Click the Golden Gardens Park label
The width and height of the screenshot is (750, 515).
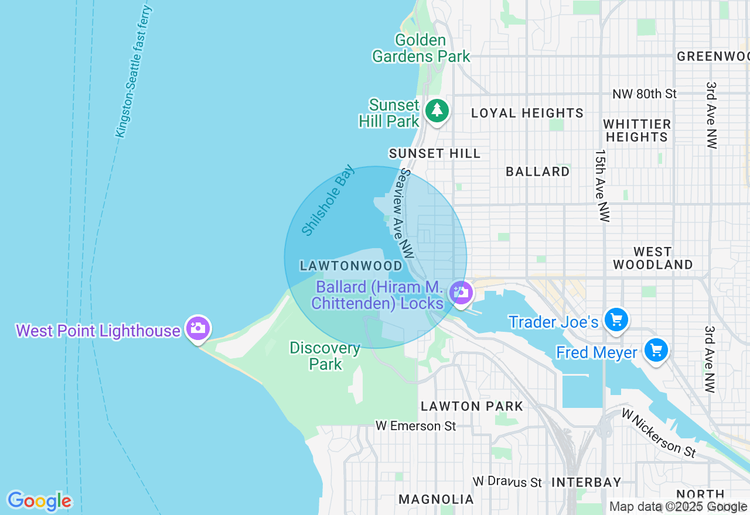(x=421, y=49)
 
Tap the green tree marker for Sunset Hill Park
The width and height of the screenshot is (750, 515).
(x=437, y=110)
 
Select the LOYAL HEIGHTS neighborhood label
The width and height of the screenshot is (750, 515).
(x=527, y=113)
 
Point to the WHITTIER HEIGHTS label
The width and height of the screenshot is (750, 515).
(x=637, y=131)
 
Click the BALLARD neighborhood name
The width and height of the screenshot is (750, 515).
(x=538, y=171)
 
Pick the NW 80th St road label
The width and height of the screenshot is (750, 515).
(x=644, y=94)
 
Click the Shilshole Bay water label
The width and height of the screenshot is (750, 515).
(x=328, y=200)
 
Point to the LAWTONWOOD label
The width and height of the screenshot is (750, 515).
(x=351, y=266)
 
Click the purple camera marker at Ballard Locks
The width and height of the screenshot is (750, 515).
(x=461, y=292)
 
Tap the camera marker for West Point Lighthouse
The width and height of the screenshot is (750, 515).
(x=197, y=328)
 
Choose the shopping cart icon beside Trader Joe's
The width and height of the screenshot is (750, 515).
(x=616, y=320)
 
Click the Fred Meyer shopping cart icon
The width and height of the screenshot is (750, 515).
(x=656, y=351)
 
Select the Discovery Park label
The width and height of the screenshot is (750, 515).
(x=325, y=356)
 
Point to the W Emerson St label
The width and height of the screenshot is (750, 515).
(x=415, y=425)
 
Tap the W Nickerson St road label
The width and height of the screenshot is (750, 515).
(x=659, y=433)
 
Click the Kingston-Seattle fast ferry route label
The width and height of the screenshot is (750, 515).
(x=134, y=71)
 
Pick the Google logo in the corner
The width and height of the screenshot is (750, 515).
(x=39, y=501)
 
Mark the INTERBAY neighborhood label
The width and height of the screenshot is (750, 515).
(x=586, y=482)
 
